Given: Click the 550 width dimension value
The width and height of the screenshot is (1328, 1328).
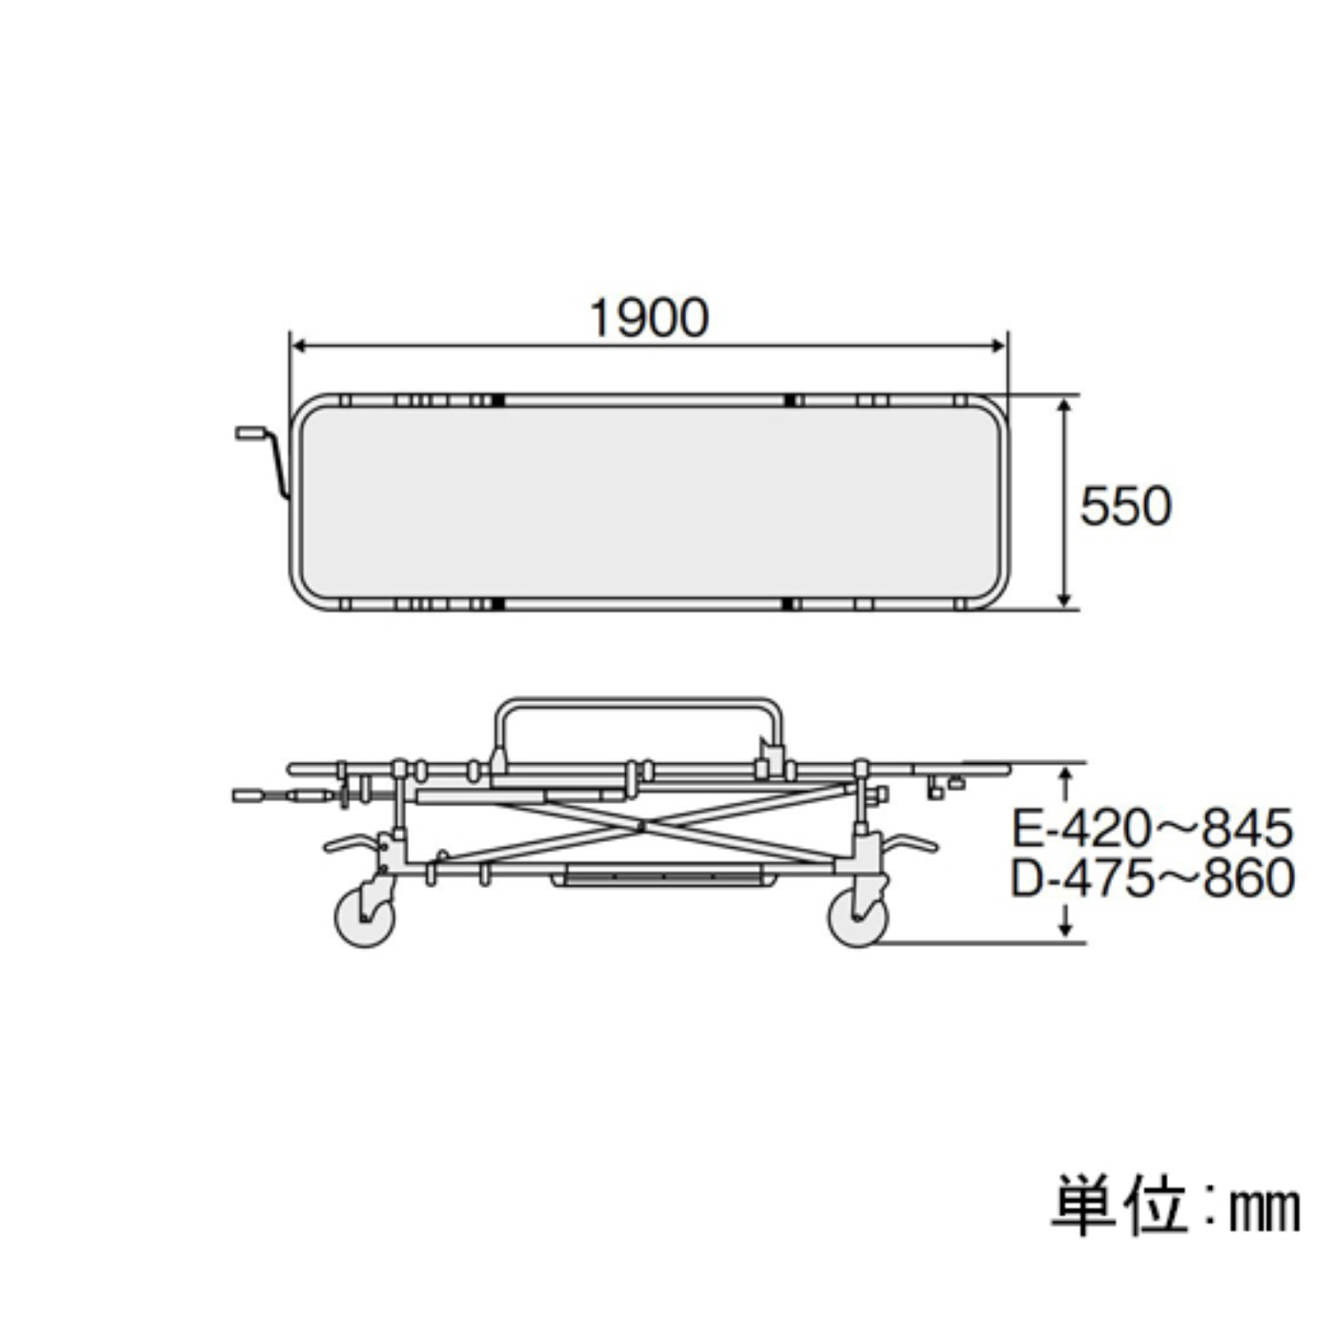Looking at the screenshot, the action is pos(1125,506).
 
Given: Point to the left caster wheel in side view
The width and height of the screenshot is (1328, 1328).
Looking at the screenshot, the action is pos(364,918).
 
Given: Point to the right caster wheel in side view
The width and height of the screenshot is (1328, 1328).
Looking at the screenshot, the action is pos(857,918).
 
